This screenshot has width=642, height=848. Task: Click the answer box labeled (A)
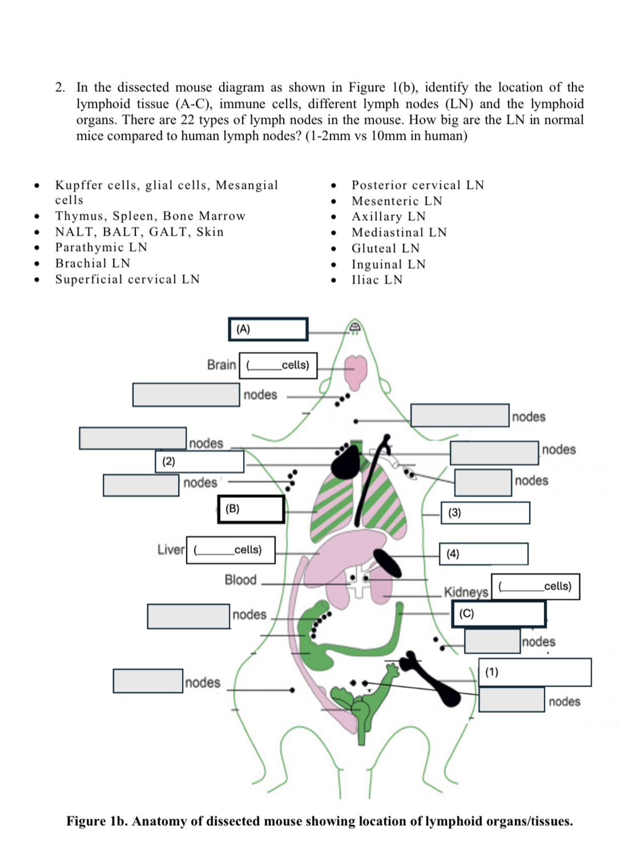[268, 329]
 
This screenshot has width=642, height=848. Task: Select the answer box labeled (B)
[251, 509]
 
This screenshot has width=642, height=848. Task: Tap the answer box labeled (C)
[499, 614]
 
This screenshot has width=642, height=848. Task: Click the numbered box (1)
[535, 672]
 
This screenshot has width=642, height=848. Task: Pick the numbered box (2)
[199, 461]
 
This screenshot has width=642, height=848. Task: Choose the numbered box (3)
[485, 512]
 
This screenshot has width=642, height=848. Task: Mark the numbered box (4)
[483, 554]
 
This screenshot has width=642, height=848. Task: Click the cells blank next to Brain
[278, 365]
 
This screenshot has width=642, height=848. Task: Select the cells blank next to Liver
[231, 550]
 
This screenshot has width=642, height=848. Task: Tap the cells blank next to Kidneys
[535, 586]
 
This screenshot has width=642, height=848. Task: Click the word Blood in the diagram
[240, 579]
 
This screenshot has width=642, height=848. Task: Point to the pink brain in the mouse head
[358, 371]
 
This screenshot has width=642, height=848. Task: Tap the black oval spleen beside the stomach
[387, 563]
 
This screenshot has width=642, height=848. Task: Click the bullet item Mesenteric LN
[397, 201]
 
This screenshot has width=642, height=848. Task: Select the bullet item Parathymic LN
[101, 247]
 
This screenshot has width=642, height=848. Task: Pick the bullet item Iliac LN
[377, 279]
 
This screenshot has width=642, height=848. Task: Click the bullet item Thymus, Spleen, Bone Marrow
[150, 216]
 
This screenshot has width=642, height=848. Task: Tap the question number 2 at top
[59, 87]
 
